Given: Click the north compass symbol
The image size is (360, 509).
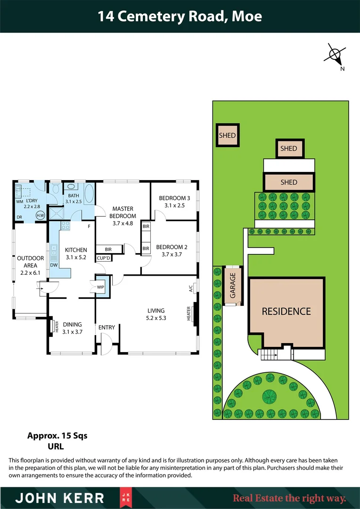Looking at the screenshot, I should tap(335, 56).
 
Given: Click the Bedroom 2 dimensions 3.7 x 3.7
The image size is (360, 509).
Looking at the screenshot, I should tap(172, 254).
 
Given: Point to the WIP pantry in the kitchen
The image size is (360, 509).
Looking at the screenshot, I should tap(100, 286).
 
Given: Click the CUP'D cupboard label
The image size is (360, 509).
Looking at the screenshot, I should tap(103, 258).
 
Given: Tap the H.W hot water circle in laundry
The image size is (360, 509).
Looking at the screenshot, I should tap(41, 215).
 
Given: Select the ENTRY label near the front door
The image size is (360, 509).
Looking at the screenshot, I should tap(106, 327).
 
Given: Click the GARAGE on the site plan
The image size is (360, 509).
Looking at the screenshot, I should tap(232, 287).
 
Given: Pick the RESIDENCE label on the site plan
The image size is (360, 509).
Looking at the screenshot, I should tap(286, 312).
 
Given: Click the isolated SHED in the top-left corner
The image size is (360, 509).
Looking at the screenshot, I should tap(227, 135).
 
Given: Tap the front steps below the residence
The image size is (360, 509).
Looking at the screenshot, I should tap(269, 354).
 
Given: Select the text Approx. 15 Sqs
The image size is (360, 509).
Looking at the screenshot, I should tap(57, 435).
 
